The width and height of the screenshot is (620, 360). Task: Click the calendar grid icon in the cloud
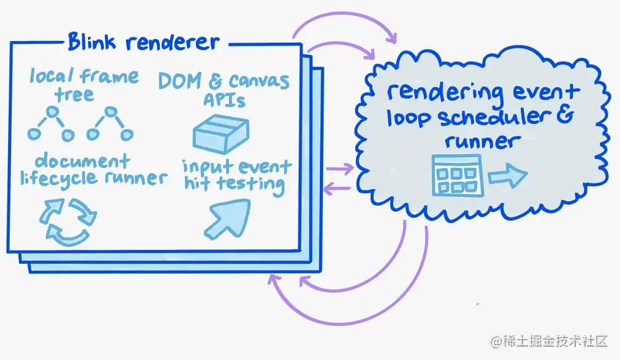(456, 175)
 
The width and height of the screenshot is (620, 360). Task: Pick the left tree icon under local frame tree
(51, 124)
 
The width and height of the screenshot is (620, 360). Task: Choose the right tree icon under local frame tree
(110, 124)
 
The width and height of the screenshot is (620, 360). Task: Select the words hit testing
(234, 185)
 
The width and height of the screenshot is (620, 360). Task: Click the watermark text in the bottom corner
(551, 342)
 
